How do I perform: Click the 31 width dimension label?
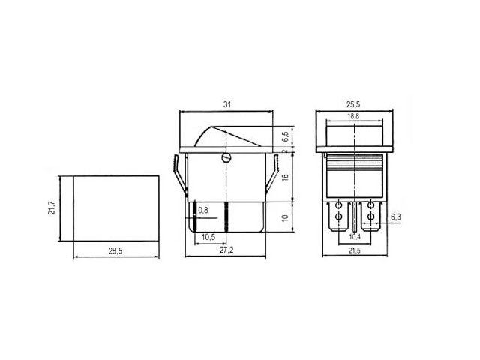226,104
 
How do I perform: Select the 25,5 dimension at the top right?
356,104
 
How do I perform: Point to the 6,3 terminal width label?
395,217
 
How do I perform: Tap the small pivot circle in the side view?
226,157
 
